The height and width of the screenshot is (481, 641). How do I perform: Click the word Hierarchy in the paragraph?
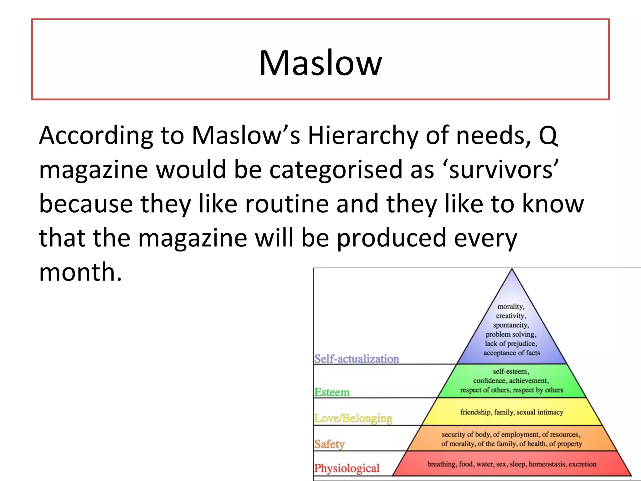tap(363, 135)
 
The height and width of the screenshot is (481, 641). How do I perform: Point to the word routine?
tap(286, 204)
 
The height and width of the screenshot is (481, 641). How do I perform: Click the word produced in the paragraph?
tap(391, 238)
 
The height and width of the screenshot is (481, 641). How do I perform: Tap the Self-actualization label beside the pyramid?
tap(356, 359)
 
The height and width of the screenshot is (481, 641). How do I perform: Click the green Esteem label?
tap(332, 392)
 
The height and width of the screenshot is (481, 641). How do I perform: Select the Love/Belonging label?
tap(353, 418)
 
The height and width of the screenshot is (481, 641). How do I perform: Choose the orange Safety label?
tap(329, 444)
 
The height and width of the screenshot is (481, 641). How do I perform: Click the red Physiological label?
tap(347, 468)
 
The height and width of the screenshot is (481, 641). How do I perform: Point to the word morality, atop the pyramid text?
tap(511, 307)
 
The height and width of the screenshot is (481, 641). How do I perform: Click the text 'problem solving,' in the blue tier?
tap(511, 334)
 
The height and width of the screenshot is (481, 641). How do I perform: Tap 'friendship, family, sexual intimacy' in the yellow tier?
tap(511, 412)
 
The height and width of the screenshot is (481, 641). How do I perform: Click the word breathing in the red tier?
tap(441, 464)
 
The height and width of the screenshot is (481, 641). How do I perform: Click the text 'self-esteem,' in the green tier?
tap(511, 371)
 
